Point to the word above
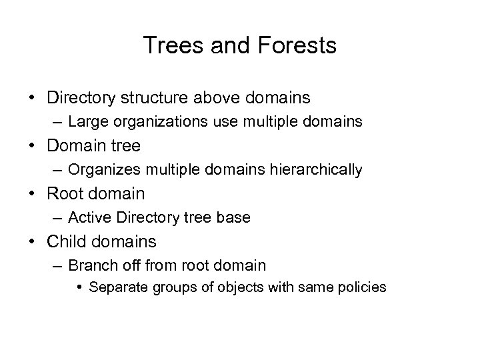(x=220, y=98)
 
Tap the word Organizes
(x=102, y=170)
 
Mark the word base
(x=235, y=218)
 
